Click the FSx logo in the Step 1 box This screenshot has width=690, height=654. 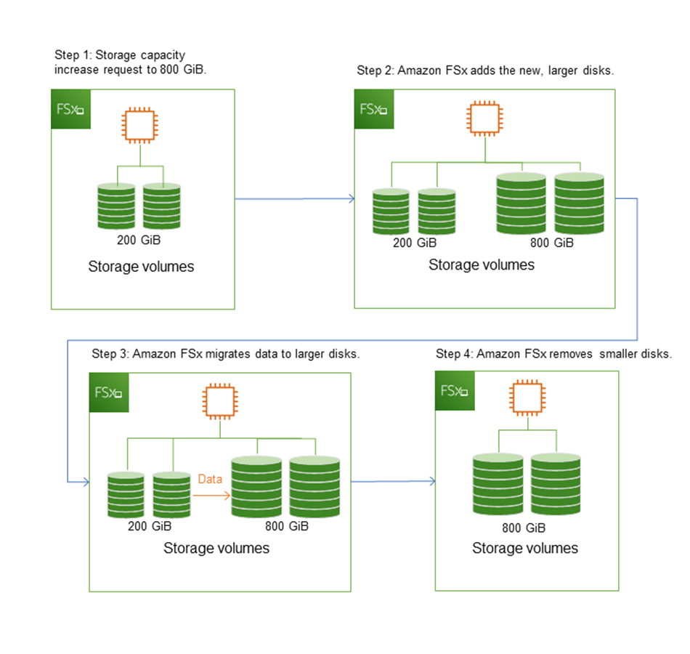point(70,109)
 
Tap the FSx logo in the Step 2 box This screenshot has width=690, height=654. point(373,109)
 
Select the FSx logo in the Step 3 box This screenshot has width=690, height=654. point(108,392)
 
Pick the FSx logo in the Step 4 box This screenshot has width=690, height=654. point(455,390)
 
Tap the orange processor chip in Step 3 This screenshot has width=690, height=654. point(220,400)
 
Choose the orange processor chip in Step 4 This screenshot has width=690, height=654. point(527,399)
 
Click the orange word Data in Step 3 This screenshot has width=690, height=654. point(211,480)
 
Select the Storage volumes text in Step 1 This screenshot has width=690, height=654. point(141,267)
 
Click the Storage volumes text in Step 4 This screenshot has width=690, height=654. point(525,548)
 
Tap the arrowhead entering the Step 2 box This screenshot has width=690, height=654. point(351,199)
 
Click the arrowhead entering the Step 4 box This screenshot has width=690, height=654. point(431,482)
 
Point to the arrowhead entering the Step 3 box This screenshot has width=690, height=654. point(85,482)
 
